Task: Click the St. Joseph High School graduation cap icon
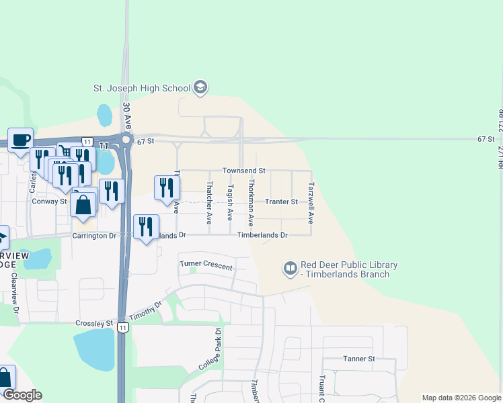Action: coord(200,87)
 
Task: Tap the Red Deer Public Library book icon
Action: coord(291,269)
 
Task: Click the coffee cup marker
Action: coord(20,140)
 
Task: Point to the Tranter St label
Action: coord(281,201)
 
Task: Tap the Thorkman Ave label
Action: coord(251,201)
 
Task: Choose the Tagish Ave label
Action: coord(230,203)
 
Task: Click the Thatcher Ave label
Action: coord(210,202)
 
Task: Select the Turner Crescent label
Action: coord(206,266)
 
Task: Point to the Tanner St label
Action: coord(358,359)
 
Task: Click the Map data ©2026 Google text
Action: coord(461,398)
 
